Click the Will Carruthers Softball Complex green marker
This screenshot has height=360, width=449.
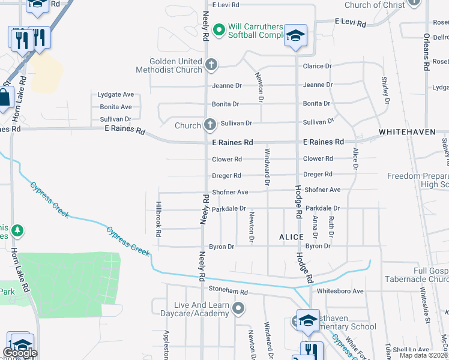coord(219,28)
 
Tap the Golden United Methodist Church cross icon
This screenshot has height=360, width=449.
coord(211,64)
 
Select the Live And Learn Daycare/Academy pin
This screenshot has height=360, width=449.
coord(238,309)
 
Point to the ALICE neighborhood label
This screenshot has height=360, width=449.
coord(291,237)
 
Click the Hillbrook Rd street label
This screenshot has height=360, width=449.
coord(158,218)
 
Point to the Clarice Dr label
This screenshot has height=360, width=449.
coord(318,67)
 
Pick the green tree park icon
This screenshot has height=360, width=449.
coord(17,230)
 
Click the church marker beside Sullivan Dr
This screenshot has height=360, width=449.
coord(209,125)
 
